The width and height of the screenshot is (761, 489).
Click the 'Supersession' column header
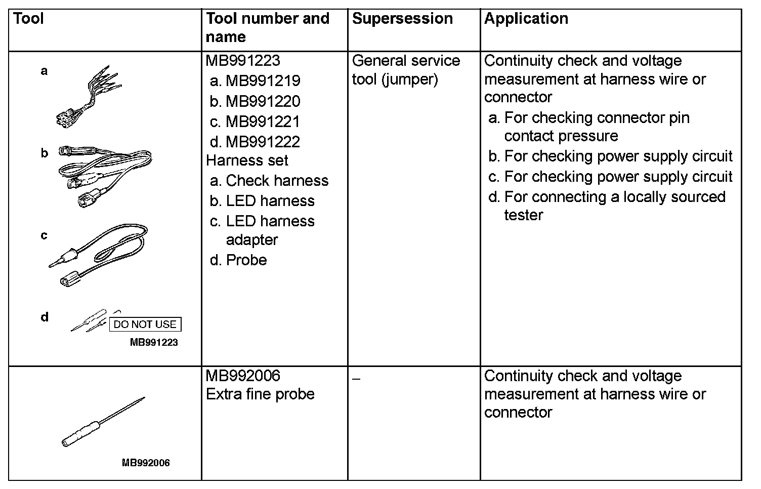click(x=402, y=19)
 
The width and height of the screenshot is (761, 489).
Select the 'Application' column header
click(x=526, y=19)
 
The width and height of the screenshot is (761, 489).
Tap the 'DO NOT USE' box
click(x=145, y=324)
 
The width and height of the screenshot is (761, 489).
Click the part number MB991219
click(x=263, y=81)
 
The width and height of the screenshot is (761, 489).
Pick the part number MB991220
click(x=263, y=101)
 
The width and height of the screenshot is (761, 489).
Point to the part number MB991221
click(x=263, y=121)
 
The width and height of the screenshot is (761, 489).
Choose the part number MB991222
click(x=263, y=142)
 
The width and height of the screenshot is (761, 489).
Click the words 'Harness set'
click(x=247, y=160)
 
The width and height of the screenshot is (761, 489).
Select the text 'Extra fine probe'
click(x=260, y=394)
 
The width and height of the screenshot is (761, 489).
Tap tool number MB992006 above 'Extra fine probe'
click(x=243, y=376)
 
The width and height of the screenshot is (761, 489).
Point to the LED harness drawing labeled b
click(x=106, y=175)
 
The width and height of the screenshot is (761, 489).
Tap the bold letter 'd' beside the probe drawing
click(x=45, y=317)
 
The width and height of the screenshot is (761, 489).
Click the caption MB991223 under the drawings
click(x=154, y=342)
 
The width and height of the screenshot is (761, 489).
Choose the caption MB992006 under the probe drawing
click(x=146, y=463)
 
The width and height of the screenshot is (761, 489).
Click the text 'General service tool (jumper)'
click(x=406, y=70)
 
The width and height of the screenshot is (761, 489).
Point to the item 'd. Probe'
click(x=238, y=260)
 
